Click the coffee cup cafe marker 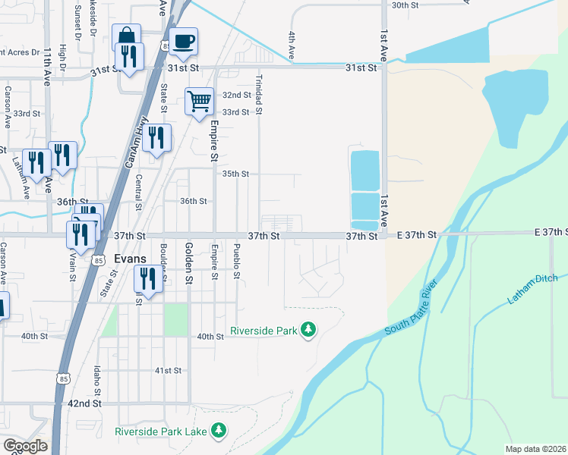click(183, 41)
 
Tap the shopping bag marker click(125, 36)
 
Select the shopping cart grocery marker click(198, 100)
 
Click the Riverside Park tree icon click(308, 330)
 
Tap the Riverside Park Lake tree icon click(219, 431)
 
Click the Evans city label click(129, 259)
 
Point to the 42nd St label click(84, 403)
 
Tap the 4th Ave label click(291, 45)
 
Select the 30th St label click(405, 5)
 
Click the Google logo click(25, 446)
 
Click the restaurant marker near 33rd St click(157, 137)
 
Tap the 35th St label click(235, 174)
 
